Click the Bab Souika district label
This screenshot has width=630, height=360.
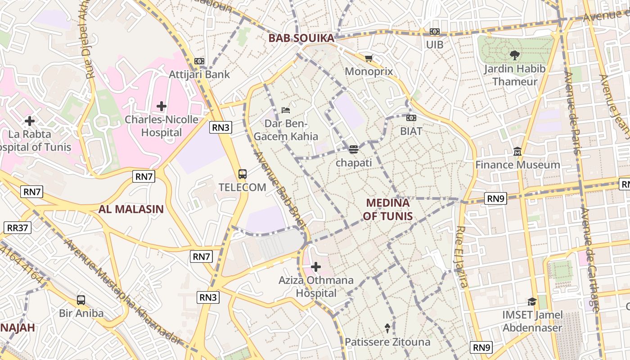[x=301, y=38]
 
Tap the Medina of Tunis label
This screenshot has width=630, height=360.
[x=387, y=209]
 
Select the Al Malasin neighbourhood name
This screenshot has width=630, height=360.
[x=131, y=209]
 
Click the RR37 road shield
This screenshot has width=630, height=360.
[x=18, y=228]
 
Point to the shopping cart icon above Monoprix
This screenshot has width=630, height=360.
[x=369, y=58]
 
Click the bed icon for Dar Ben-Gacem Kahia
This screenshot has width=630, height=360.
[x=285, y=110]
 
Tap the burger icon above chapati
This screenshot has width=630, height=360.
[x=354, y=149]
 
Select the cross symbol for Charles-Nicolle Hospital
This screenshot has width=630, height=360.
[x=162, y=106]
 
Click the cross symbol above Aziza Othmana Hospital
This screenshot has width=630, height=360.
[x=316, y=267]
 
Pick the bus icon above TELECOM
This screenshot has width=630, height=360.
[x=242, y=174]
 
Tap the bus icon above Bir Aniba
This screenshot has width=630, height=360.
[x=81, y=300]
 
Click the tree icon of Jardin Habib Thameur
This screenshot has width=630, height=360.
[x=514, y=55]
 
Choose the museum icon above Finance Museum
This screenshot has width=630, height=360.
[x=517, y=152]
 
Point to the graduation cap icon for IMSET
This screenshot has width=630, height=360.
[x=532, y=301]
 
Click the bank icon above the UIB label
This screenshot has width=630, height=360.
[x=435, y=31]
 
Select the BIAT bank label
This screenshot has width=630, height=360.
[x=411, y=131]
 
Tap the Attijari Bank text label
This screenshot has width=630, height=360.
[x=199, y=74]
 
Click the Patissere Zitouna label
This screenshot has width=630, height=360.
[x=387, y=342]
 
